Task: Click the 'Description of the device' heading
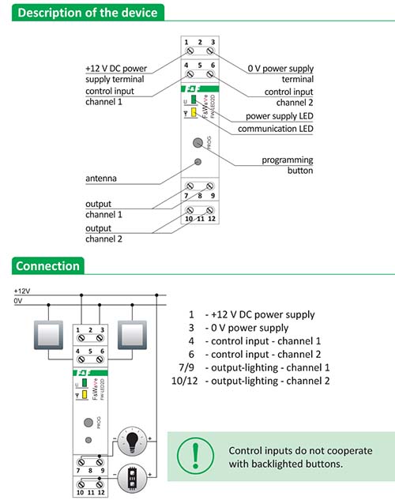pos(88,13)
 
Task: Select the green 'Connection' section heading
pos(47,266)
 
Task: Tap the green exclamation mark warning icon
pos(195,456)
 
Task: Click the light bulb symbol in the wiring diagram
pos(132,442)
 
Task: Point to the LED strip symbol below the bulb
pos(132,478)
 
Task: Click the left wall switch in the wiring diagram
pos(48,335)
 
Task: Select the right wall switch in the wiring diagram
pos(132,335)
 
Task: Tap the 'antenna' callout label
pos(101,179)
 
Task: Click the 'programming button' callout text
pos(288,165)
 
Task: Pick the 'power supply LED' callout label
pos(280,116)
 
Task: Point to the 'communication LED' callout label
pos(276,129)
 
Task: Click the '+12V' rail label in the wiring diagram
pos(22,291)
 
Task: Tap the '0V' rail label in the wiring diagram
pos(18,301)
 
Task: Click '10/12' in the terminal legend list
pos(185,381)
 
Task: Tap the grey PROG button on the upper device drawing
pos(197,143)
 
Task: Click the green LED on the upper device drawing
pos(194,100)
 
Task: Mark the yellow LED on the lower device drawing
pos(85,394)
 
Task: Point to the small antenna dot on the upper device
pos(198,162)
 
